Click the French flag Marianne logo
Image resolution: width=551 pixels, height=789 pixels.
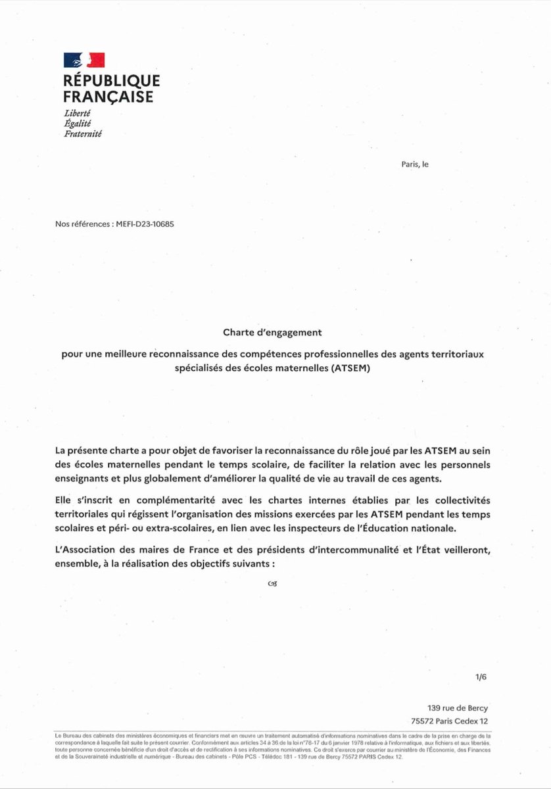pos(84,60)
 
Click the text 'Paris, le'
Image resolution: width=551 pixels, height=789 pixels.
pos(414,164)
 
